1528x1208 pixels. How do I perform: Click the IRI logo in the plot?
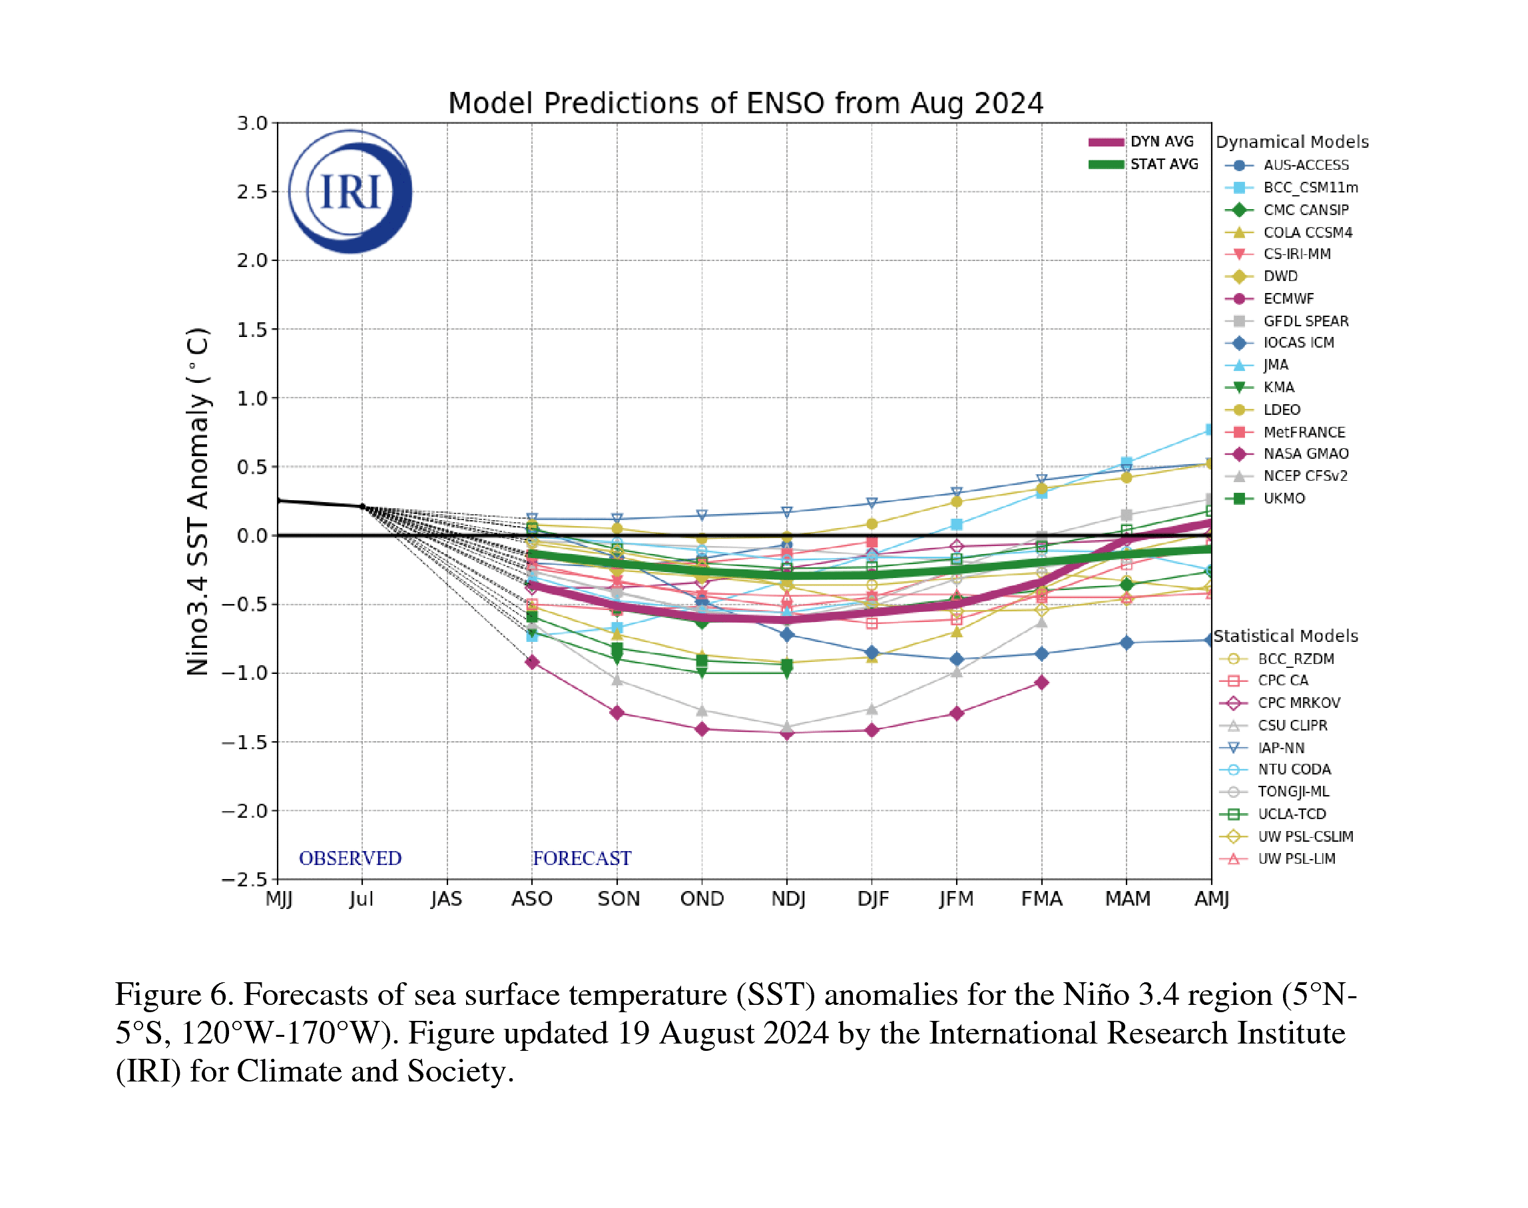pyautogui.click(x=350, y=192)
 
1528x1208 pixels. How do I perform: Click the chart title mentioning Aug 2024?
pyautogui.click(x=745, y=104)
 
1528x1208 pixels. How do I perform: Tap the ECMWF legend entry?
pyautogui.click(x=1288, y=298)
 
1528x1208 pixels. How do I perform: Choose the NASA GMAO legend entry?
pyautogui.click(x=1305, y=453)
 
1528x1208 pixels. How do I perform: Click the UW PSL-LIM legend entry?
pyautogui.click(x=1296, y=858)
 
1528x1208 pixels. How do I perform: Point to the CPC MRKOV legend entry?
pyautogui.click(x=1298, y=703)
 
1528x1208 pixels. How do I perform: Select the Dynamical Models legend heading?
pyautogui.click(x=1292, y=142)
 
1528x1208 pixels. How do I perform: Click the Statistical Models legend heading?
pyautogui.click(x=1286, y=636)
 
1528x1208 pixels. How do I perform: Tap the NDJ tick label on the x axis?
pyautogui.click(x=788, y=899)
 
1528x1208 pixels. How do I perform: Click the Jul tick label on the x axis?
pyautogui.click(x=362, y=899)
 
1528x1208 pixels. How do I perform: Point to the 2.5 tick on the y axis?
pyautogui.click(x=252, y=192)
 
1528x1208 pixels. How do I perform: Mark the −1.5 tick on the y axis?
pyautogui.click(x=244, y=742)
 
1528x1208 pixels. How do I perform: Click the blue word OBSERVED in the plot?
pyautogui.click(x=350, y=858)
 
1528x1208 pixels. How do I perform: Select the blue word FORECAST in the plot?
pyautogui.click(x=581, y=858)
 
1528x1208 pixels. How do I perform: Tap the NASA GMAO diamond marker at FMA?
pyautogui.click(x=1041, y=683)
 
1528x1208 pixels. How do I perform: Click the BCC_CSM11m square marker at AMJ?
pyautogui.click(x=1210, y=430)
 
